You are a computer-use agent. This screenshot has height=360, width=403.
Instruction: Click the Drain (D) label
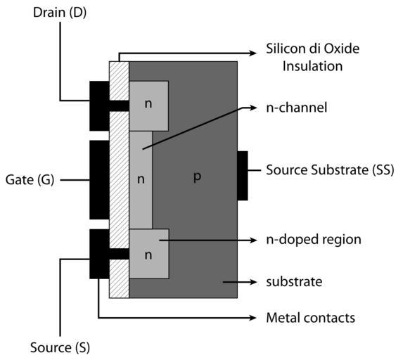[x=60, y=13]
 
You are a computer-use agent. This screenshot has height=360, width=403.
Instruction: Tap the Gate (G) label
[x=30, y=179]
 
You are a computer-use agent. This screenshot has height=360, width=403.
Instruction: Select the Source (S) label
[x=60, y=347]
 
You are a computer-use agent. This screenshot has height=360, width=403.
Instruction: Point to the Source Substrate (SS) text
[x=330, y=170]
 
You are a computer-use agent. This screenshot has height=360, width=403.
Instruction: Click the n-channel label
[x=297, y=108]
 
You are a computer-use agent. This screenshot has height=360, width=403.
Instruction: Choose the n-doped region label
[x=314, y=240]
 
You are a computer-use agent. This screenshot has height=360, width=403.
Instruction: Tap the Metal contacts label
[x=310, y=318]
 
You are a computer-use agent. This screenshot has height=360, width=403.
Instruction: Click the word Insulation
[x=312, y=66]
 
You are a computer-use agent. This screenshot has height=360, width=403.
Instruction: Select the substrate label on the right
[x=294, y=282]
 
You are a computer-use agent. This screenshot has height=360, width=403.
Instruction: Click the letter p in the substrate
[x=197, y=176]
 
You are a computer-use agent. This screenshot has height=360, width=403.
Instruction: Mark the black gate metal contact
[x=99, y=179]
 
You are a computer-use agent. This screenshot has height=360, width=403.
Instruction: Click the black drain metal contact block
[x=99, y=106]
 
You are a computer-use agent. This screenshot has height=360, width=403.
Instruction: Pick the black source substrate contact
[x=243, y=176]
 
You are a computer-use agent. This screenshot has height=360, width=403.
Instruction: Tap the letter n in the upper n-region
[x=148, y=104]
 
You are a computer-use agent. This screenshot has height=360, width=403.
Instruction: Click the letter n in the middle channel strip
[x=141, y=179]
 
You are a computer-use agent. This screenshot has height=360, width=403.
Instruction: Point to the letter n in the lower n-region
[x=148, y=255]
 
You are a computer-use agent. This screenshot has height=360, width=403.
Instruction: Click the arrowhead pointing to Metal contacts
[x=253, y=318]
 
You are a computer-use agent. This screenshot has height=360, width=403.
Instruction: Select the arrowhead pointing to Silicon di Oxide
[x=253, y=53]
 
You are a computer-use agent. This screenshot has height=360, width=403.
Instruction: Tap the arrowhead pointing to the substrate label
[x=253, y=282]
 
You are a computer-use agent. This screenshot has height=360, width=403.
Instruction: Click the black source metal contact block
[x=99, y=254]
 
